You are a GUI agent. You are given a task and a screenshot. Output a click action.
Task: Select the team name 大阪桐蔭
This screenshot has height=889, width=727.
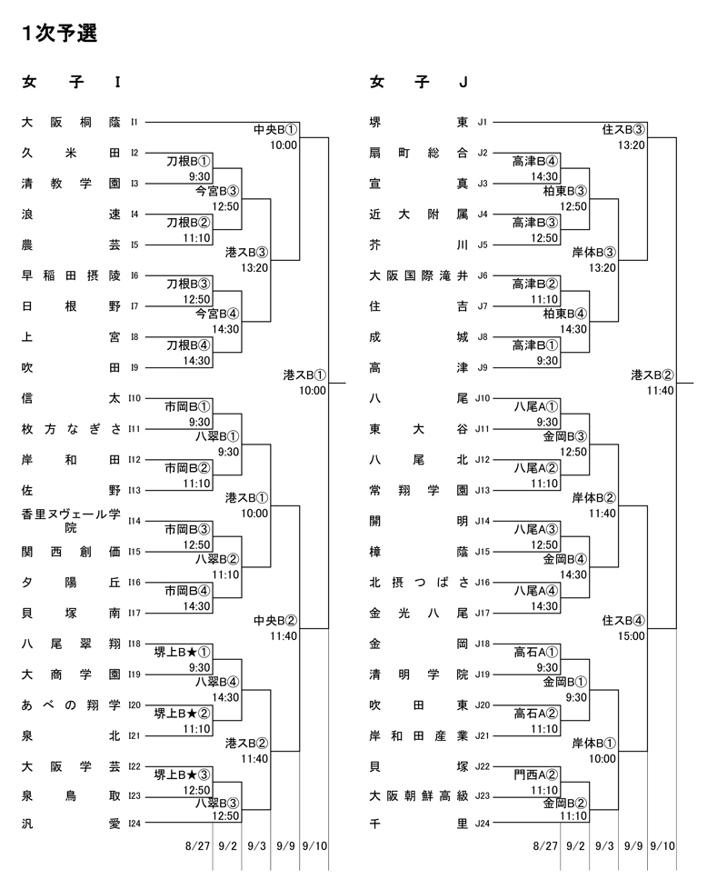click(71, 121)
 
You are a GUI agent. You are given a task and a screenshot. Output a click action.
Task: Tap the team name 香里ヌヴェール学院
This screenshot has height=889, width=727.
click(71, 521)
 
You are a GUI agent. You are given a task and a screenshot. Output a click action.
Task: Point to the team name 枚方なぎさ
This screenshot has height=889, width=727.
click(71, 428)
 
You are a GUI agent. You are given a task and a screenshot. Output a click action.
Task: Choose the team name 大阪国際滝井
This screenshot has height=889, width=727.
click(419, 275)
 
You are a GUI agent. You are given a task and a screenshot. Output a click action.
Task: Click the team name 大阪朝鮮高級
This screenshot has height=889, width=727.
click(419, 796)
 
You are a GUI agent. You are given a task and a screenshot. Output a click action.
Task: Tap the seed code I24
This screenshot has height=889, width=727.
click(134, 825)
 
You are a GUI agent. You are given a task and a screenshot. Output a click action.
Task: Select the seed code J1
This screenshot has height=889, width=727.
click(483, 121)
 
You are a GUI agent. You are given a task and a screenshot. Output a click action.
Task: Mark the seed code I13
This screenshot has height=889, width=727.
click(134, 490)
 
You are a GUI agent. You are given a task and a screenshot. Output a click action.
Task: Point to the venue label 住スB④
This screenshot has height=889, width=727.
click(624, 621)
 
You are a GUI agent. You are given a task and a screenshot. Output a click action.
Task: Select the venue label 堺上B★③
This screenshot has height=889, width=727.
click(182, 774)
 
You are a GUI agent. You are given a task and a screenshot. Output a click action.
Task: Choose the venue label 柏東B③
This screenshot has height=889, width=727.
click(564, 191)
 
